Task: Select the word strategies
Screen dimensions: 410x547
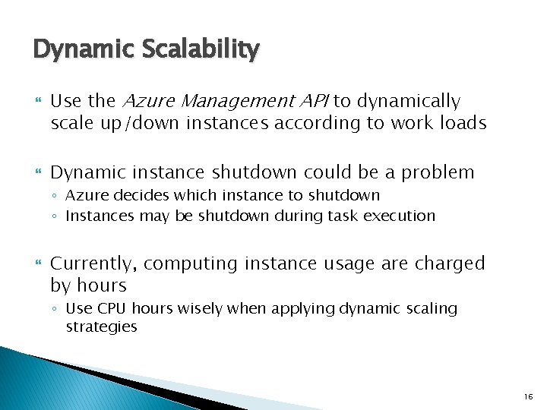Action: pyautogui.click(x=101, y=327)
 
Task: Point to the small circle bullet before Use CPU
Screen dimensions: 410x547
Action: pyautogui.click(x=57, y=309)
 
